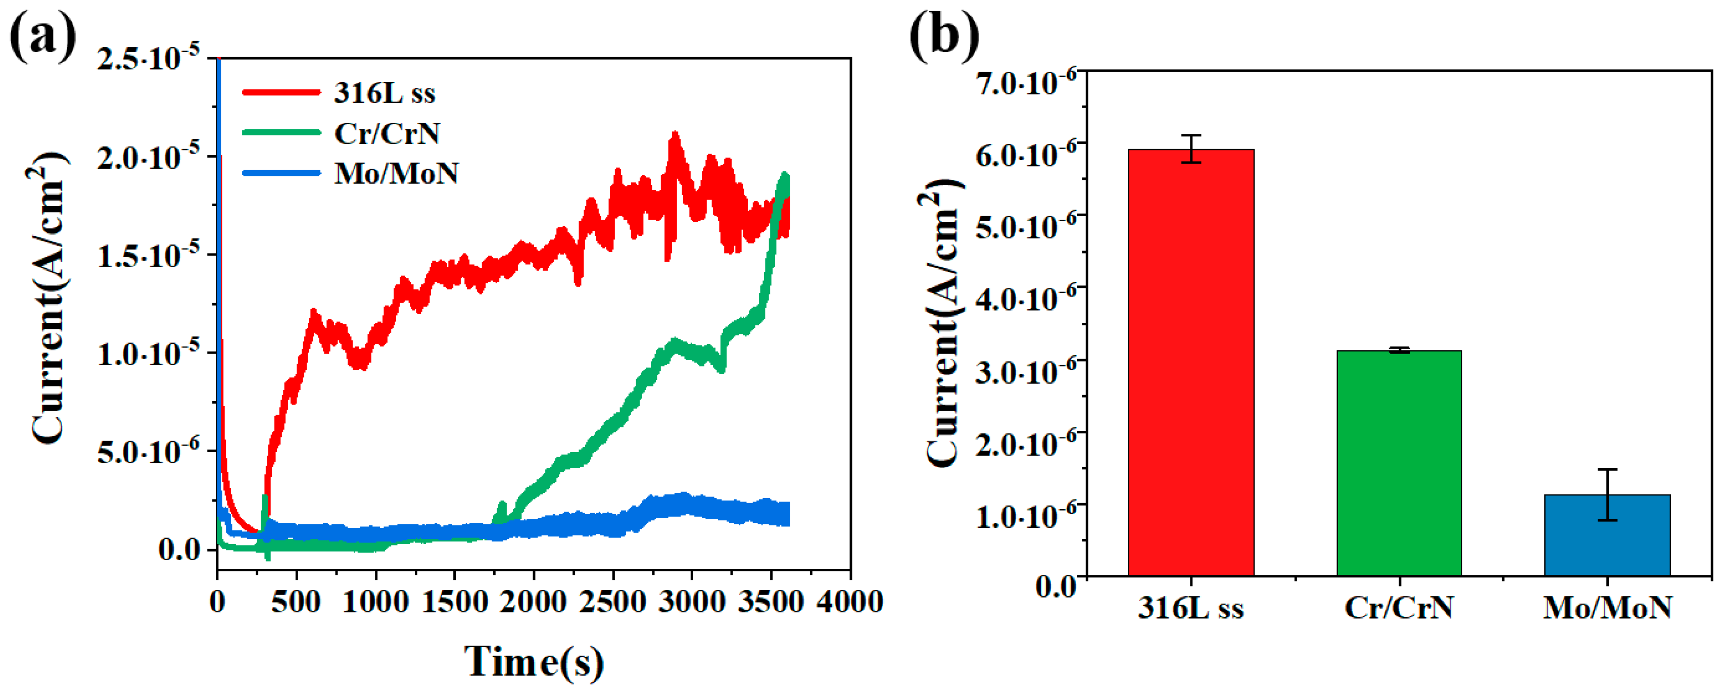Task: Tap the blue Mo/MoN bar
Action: [1607, 534]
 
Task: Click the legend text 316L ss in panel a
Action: [385, 93]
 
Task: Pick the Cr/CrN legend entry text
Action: [387, 134]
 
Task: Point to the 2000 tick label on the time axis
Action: [533, 602]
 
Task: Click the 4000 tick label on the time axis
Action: [850, 602]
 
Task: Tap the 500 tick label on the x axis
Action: [296, 602]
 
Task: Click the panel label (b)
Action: [943, 37]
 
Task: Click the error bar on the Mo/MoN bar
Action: [1607, 495]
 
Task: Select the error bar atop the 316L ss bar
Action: [1190, 149]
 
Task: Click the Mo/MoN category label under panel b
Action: [1607, 608]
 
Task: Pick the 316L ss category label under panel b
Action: [1190, 608]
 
